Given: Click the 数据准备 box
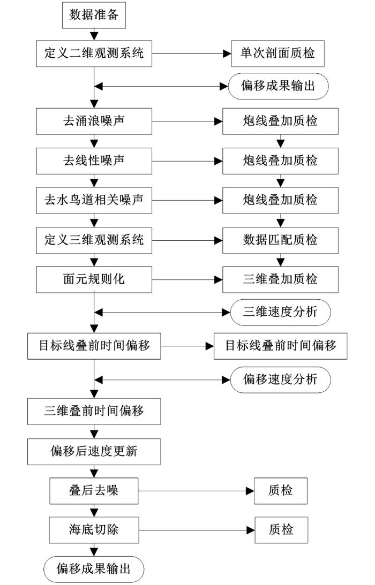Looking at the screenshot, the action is [94, 15].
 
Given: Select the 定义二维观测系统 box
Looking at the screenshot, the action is [94, 54].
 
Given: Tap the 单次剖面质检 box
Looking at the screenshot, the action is [277, 54].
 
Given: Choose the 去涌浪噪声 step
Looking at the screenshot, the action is [94, 121].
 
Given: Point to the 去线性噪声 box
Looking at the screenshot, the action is [94, 161].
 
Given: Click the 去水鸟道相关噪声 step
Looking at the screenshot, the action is [94, 200].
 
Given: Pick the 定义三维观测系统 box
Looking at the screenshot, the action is [94, 240].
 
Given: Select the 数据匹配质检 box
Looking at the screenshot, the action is [281, 240].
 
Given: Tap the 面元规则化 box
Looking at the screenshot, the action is [94, 279].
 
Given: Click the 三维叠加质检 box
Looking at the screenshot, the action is [281, 279].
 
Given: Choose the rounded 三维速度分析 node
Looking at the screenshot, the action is [281, 312].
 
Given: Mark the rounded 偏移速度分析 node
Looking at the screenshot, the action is [281, 380].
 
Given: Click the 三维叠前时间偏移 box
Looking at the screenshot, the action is [94, 412].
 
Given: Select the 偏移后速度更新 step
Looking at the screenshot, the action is [94, 451].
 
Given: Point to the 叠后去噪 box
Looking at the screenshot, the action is [94, 491].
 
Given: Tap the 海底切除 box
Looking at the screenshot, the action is [94, 530].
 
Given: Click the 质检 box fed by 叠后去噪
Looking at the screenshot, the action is [281, 491].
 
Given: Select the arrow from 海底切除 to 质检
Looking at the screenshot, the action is [197, 530].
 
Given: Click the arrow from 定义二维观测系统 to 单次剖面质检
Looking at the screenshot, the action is [192, 54].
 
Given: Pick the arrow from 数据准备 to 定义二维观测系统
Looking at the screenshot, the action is [94, 34].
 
